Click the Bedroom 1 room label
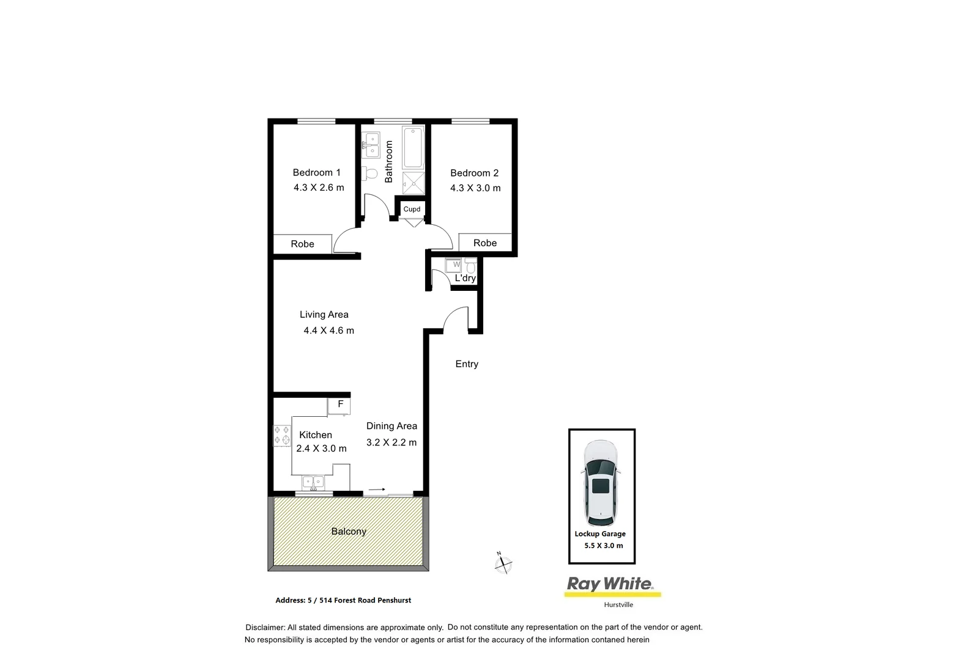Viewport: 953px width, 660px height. pyautogui.click(x=316, y=172)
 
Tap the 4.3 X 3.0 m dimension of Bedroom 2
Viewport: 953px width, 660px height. pyautogui.click(x=475, y=188)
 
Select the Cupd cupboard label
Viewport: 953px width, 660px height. pyautogui.click(x=412, y=209)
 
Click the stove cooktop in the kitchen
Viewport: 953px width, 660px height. pyautogui.click(x=282, y=435)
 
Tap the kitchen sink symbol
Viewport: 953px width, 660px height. pyautogui.click(x=313, y=483)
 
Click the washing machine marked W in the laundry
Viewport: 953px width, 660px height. pyautogui.click(x=454, y=265)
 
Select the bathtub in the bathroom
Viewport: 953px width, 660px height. pyautogui.click(x=413, y=147)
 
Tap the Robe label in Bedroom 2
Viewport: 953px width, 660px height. pyautogui.click(x=485, y=243)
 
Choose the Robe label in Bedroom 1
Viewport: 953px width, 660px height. pyautogui.click(x=302, y=244)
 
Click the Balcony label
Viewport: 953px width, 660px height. pyautogui.click(x=349, y=531)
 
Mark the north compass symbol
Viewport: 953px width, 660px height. pyautogui.click(x=503, y=563)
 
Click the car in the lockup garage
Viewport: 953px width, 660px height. pyautogui.click(x=600, y=483)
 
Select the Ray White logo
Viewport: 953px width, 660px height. pyautogui.click(x=612, y=585)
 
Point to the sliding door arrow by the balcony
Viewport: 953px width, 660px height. pyautogui.click(x=376, y=490)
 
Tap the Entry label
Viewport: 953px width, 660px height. pyautogui.click(x=467, y=364)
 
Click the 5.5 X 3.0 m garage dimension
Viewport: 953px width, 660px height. pyautogui.click(x=604, y=546)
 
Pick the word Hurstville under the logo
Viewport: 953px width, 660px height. pyautogui.click(x=618, y=605)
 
